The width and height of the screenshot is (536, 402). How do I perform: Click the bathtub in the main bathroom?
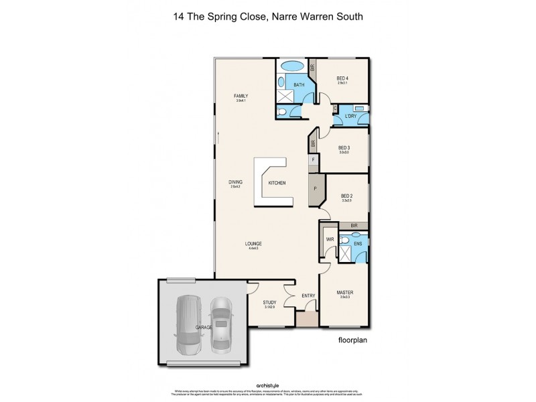pos(291,67)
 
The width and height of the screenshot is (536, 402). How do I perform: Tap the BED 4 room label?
pos(342,78)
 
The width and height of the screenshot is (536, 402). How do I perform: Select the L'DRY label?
pos(350,117)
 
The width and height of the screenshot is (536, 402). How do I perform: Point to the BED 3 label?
pos(344,148)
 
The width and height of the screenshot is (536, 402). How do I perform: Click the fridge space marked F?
pos(313,160)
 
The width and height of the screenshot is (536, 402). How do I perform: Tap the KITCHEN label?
pos(277,183)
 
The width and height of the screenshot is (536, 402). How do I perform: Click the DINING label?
pos(235,182)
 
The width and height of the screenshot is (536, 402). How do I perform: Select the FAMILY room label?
pos(241,96)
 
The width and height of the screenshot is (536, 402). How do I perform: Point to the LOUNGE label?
pos(253,243)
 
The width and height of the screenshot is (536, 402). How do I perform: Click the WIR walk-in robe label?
pos(330,239)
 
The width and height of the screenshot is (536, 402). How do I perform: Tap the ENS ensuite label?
pos(358,243)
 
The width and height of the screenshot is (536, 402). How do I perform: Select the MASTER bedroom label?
pos(345,293)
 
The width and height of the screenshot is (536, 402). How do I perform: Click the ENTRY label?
pos(308,295)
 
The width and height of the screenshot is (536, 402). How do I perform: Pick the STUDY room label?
pos(269,302)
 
